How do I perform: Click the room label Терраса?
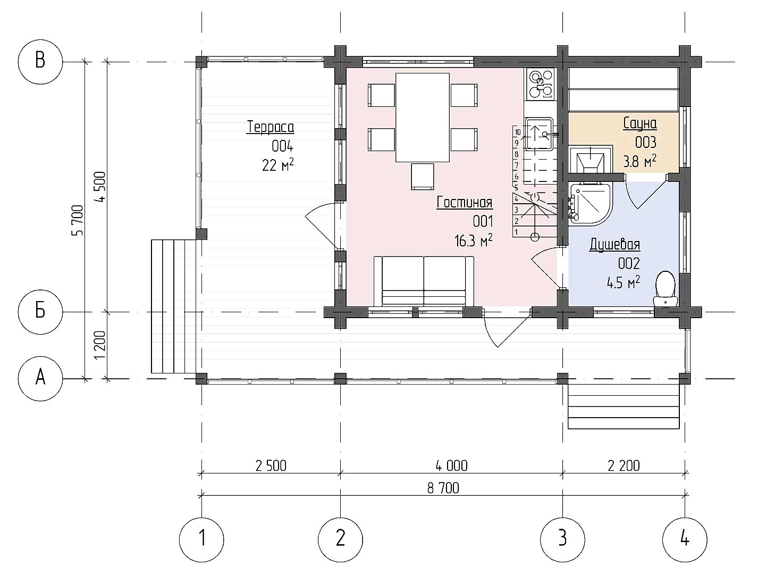(271, 127)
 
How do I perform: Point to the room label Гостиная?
(465, 203)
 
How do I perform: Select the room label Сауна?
(639, 123)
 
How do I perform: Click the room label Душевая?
(614, 245)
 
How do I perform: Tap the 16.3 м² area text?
(473, 241)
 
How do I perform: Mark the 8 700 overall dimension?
(443, 488)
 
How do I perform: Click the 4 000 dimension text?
(451, 466)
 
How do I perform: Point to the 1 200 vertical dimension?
(99, 345)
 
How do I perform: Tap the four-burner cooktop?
(540, 84)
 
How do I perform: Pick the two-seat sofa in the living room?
(424, 281)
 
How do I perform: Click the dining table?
(423, 118)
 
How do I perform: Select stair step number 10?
(518, 132)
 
